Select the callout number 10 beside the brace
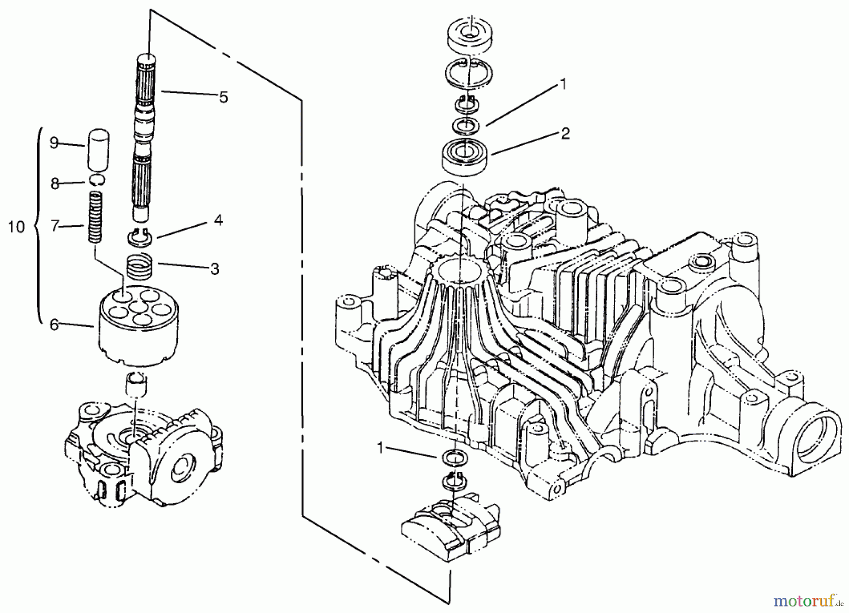[17, 227]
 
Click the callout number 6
[54, 325]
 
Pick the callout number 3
[215, 269]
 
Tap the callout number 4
[218, 220]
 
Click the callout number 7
[55, 227]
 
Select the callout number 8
[55, 184]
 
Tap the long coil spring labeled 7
[96, 217]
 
